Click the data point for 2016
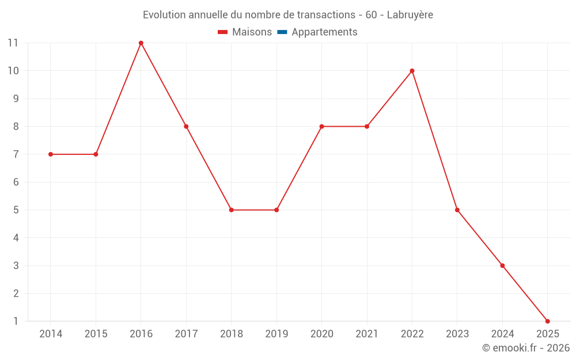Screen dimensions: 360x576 [141, 43]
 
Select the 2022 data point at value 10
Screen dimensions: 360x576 [412, 71]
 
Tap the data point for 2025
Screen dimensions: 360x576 [547, 321]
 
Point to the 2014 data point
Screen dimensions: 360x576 [51, 154]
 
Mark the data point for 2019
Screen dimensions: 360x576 [276, 210]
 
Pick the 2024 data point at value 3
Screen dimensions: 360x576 [502, 266]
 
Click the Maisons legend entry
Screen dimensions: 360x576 [252, 32]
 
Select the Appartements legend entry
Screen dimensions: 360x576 [324, 32]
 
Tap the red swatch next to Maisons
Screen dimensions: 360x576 [223, 32]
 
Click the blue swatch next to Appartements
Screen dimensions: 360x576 [282, 32]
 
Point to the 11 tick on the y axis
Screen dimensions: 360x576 [13, 43]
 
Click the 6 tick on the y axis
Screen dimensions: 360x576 [16, 182]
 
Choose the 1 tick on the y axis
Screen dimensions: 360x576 [16, 321]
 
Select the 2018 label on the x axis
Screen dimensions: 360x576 [231, 334]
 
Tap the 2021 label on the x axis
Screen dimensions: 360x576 [367, 334]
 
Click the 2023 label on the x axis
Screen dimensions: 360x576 [457, 334]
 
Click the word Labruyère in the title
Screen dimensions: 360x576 [410, 14]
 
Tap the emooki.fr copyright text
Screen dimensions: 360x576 [526, 348]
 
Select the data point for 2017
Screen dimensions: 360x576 [186, 126]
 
